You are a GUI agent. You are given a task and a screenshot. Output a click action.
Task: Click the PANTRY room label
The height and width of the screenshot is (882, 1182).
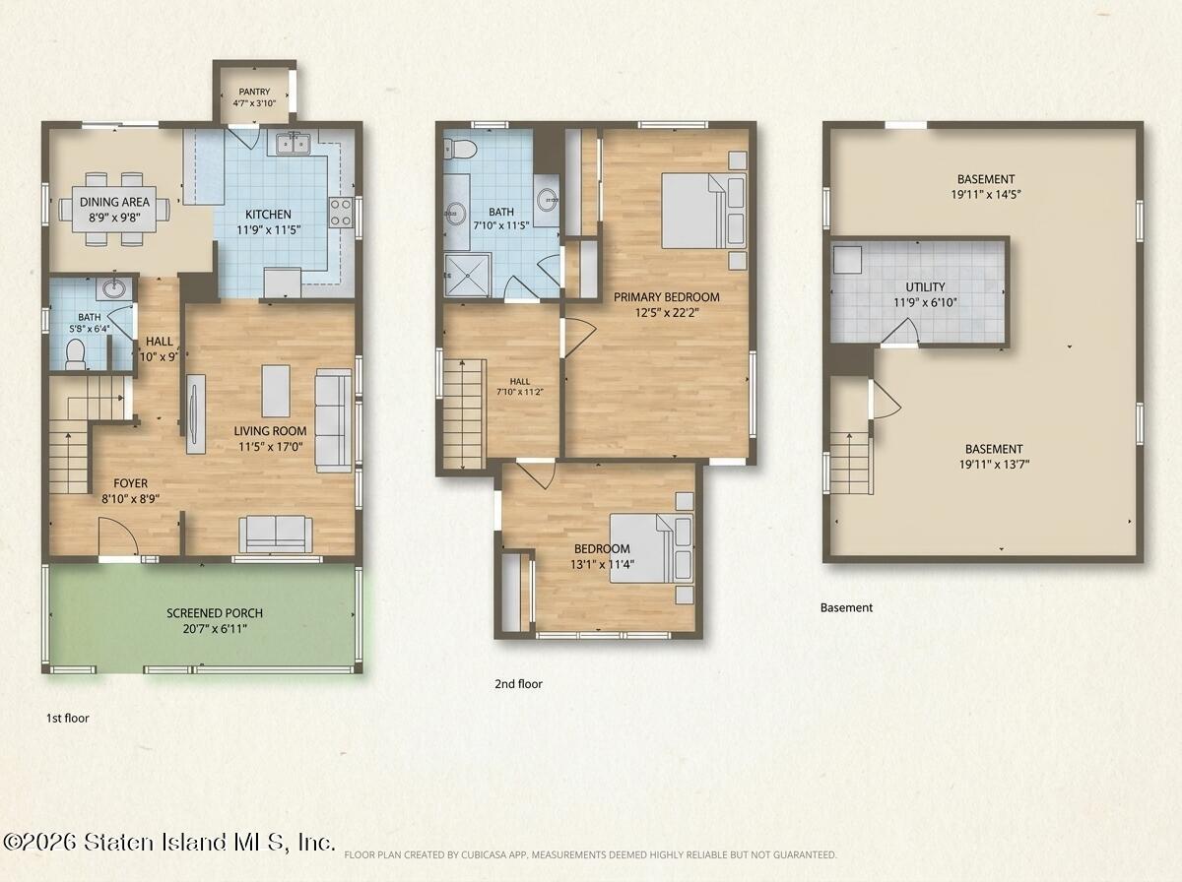pos(254,92)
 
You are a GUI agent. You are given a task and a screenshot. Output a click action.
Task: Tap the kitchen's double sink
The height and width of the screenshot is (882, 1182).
pos(293,144)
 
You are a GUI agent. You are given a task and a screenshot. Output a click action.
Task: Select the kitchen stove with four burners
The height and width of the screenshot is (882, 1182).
pos(342,213)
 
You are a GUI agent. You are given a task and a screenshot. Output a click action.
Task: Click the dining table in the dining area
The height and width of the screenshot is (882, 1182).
pos(114,210)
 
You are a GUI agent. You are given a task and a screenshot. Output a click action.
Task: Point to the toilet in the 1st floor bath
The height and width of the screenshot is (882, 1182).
pos(75,355)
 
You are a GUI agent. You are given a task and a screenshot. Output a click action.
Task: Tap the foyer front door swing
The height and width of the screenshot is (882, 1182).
pos(118,535)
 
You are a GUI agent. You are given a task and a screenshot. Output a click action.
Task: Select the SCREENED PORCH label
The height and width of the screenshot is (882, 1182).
pos(215,613)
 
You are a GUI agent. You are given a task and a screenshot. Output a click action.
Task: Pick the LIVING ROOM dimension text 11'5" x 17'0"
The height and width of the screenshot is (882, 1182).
pos(270,447)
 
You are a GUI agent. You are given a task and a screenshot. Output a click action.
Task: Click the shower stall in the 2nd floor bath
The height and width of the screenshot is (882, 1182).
pos(468,275)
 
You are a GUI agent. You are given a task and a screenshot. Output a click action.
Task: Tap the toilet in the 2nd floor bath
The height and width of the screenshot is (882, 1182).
pos(459,149)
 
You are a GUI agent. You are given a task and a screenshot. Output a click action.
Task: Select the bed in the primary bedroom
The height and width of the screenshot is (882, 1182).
pos(703,211)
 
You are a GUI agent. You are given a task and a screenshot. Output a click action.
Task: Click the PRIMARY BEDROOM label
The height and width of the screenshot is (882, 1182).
pos(667,297)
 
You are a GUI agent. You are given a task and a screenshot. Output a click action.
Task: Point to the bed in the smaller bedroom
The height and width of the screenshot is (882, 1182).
pos(651,548)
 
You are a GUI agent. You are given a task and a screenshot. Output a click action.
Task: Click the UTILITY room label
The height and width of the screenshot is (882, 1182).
pos(925,286)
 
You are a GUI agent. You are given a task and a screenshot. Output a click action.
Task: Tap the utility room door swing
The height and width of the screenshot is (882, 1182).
pos(900,332)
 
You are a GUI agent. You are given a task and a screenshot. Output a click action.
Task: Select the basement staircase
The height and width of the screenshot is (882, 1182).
pos(851,464)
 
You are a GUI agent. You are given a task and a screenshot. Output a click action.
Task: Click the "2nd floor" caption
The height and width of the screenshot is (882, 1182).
pos(518,684)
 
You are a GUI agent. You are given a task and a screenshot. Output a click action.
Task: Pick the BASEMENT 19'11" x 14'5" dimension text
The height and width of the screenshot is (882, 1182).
pos(986,194)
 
